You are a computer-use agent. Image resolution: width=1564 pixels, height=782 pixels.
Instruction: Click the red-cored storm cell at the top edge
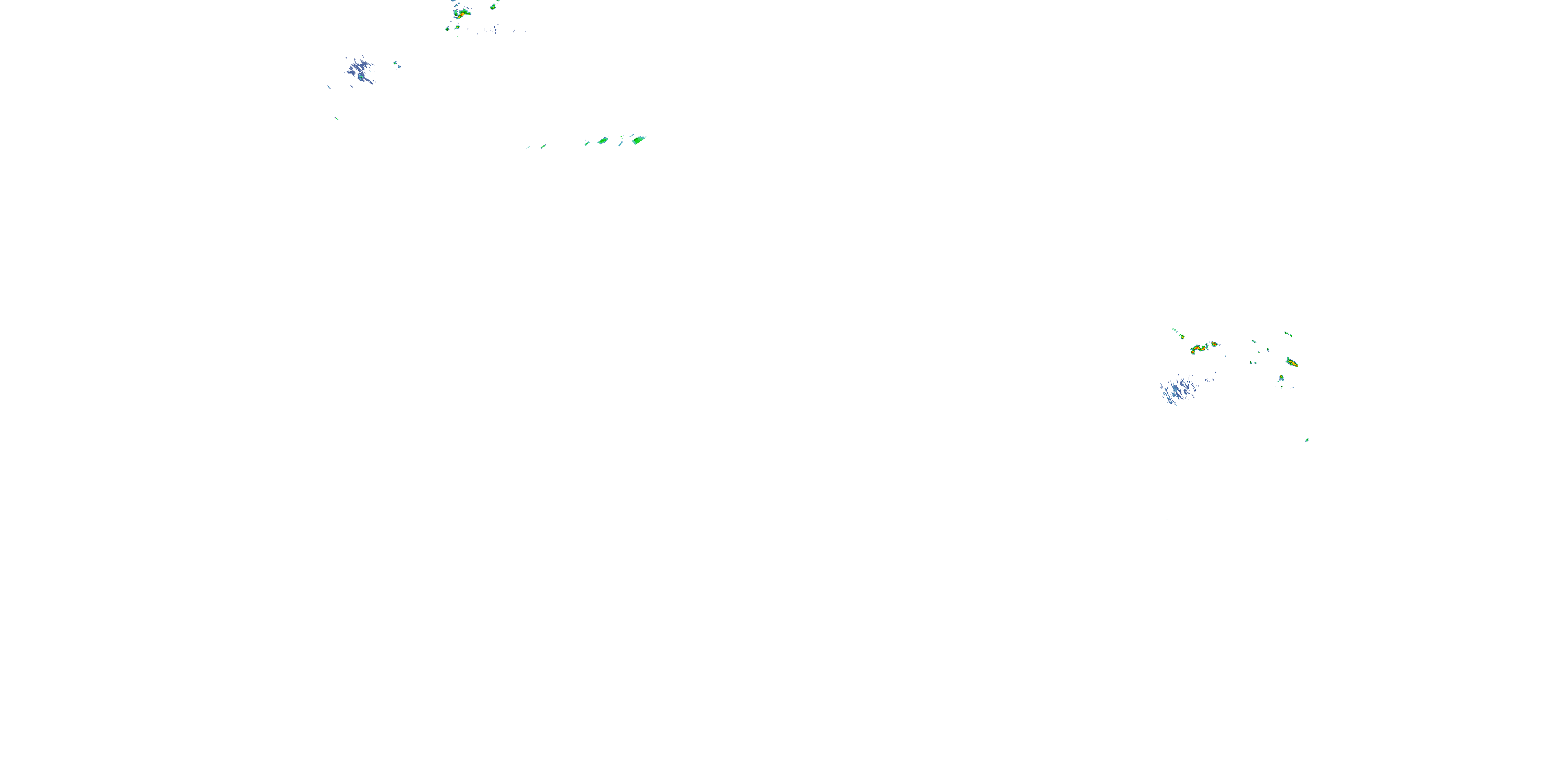(461, 13)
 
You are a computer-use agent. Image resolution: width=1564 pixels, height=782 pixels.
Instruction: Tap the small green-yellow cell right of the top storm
(493, 7)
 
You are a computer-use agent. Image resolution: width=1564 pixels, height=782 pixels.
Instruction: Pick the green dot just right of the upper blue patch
(395, 63)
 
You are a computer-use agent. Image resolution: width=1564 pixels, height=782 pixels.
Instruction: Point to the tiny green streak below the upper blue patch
(336, 118)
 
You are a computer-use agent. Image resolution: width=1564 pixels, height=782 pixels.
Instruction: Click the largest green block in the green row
(638, 140)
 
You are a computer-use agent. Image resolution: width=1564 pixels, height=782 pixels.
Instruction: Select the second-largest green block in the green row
(603, 141)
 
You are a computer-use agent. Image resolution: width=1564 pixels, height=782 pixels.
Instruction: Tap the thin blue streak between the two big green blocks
(621, 143)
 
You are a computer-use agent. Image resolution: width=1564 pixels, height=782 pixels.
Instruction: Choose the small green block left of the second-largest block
(587, 143)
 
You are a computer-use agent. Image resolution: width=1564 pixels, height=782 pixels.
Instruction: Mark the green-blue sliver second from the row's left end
(543, 146)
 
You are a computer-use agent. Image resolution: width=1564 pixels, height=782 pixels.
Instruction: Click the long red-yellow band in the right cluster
(1199, 348)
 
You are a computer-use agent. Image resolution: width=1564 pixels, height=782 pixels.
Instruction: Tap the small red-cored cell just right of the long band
(1214, 344)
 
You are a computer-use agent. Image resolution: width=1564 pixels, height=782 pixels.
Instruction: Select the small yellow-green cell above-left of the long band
(1181, 336)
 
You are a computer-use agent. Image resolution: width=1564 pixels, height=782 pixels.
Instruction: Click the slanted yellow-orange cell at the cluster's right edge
(1292, 362)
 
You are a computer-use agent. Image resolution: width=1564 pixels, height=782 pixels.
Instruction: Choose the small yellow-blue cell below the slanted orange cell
(1281, 378)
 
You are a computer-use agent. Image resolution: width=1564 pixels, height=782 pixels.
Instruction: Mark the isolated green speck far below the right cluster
(1306, 439)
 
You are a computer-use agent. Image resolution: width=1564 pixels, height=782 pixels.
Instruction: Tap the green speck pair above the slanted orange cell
(1288, 334)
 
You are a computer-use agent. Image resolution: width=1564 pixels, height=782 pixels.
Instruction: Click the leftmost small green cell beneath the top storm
(447, 28)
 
